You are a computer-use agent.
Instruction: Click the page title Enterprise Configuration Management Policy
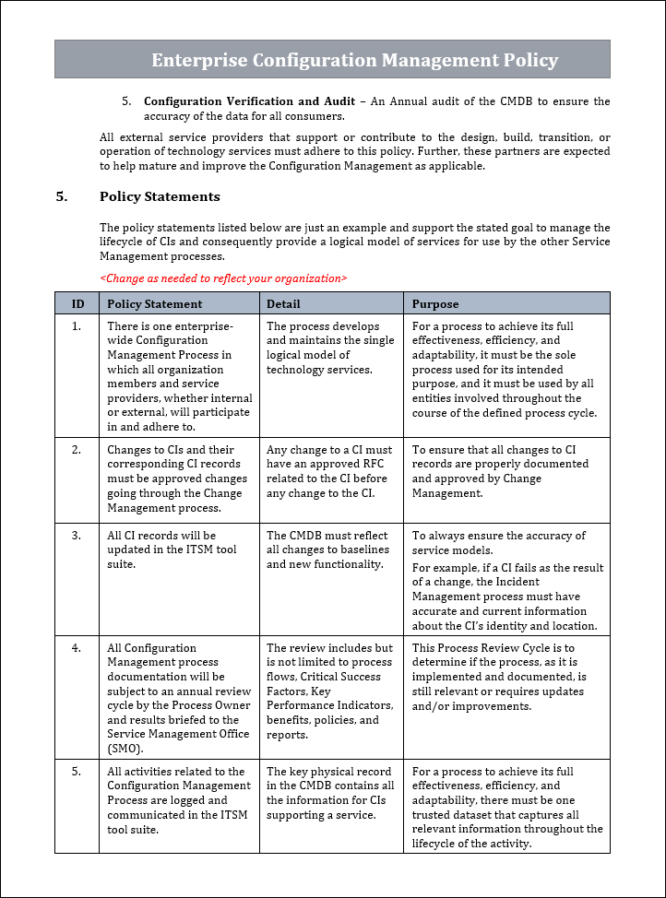click(x=354, y=60)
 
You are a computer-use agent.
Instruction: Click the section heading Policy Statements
click(x=160, y=196)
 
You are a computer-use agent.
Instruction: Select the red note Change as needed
click(x=223, y=278)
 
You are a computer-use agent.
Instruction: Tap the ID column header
click(x=78, y=303)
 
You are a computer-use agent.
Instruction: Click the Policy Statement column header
click(x=154, y=303)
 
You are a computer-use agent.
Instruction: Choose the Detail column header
click(x=283, y=303)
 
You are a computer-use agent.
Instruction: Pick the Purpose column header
click(x=434, y=303)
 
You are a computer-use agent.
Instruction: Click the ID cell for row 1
click(x=77, y=326)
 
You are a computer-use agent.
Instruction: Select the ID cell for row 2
click(x=77, y=450)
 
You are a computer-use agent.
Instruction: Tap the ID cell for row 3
click(x=77, y=536)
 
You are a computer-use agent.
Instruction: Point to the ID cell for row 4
click(x=77, y=648)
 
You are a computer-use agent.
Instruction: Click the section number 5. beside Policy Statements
click(x=61, y=196)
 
